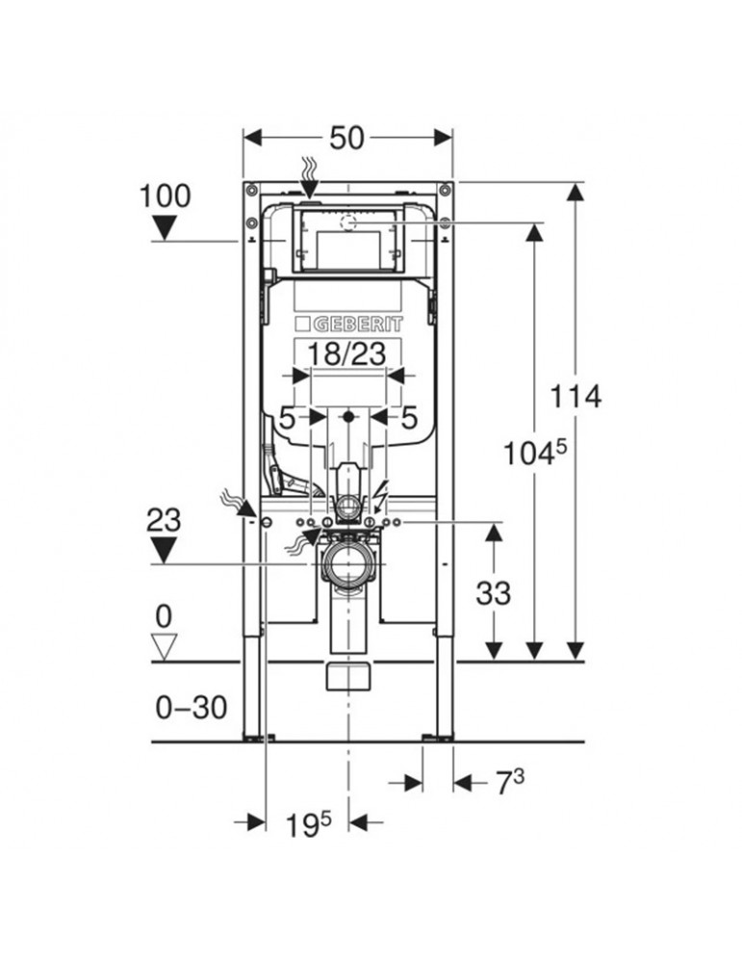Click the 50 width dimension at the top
pos(347,138)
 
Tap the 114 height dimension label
pos(575,396)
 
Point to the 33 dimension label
pos(493,593)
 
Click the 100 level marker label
pos(166,196)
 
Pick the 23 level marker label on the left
pos(164,521)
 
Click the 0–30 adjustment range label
pos(191,708)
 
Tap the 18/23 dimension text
pos(346,353)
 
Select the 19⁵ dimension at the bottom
pos(309,825)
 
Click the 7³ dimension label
pos(509,782)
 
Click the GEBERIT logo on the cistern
pos(349,324)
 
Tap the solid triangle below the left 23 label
pos(164,550)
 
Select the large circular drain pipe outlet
pos(347,563)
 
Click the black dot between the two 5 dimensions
pos(348,417)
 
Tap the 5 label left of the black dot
pos(287,418)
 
